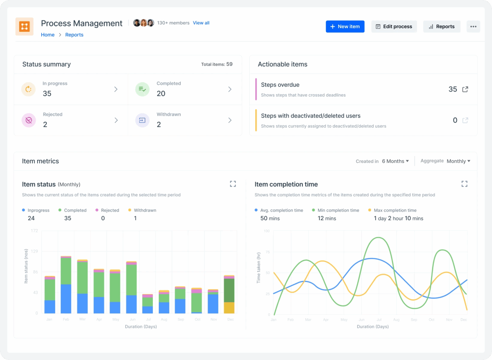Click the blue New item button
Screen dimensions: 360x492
pos(345,27)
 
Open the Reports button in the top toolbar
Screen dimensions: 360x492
pos(442,27)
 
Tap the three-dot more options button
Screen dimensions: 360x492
pos(473,27)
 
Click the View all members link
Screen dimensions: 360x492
pos(201,23)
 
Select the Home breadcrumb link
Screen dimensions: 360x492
pos(48,35)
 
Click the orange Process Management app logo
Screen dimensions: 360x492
pos(24,26)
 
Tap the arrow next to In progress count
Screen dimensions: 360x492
pos(116,89)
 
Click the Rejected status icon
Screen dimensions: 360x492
pos(29,120)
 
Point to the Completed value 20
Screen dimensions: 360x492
pos(161,94)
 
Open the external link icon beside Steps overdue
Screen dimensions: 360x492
pos(465,89)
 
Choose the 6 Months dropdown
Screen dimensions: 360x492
pos(395,161)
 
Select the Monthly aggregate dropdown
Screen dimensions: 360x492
pos(458,161)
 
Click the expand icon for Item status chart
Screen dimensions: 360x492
pos(233,184)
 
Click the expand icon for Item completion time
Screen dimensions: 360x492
pos(464,184)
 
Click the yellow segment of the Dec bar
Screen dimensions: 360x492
pos(229,307)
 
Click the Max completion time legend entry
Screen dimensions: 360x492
pos(395,210)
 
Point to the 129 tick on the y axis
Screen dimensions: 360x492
pos(34,251)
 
